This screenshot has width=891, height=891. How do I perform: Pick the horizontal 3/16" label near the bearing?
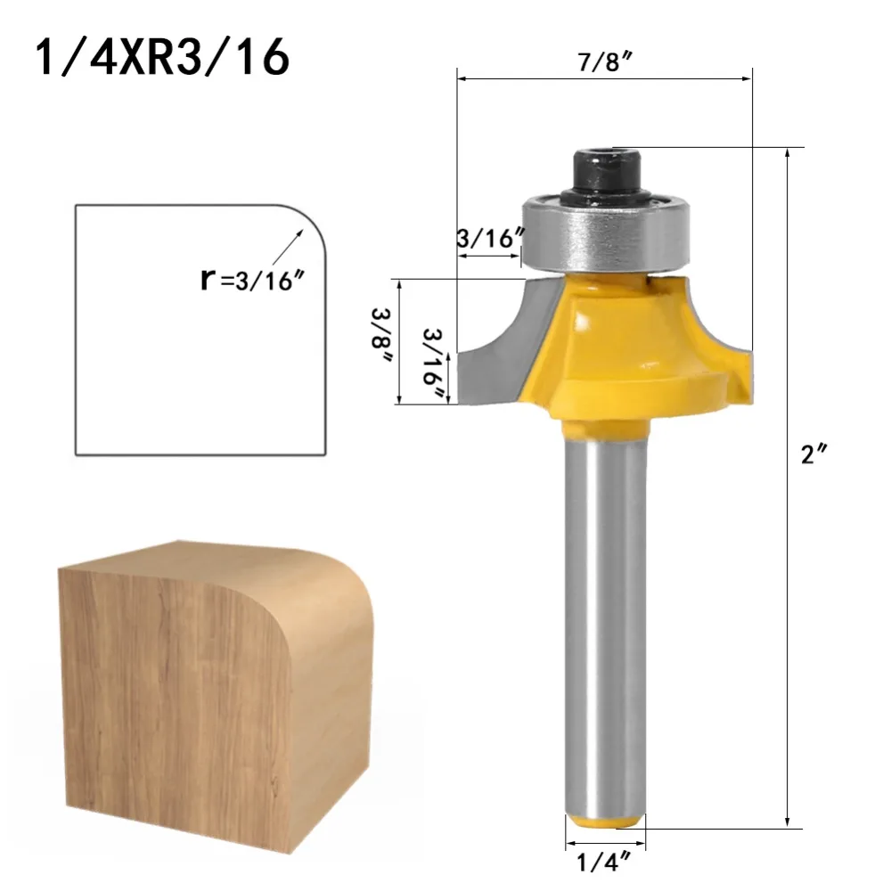point(487,238)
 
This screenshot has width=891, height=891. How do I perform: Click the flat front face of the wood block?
point(178,713)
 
